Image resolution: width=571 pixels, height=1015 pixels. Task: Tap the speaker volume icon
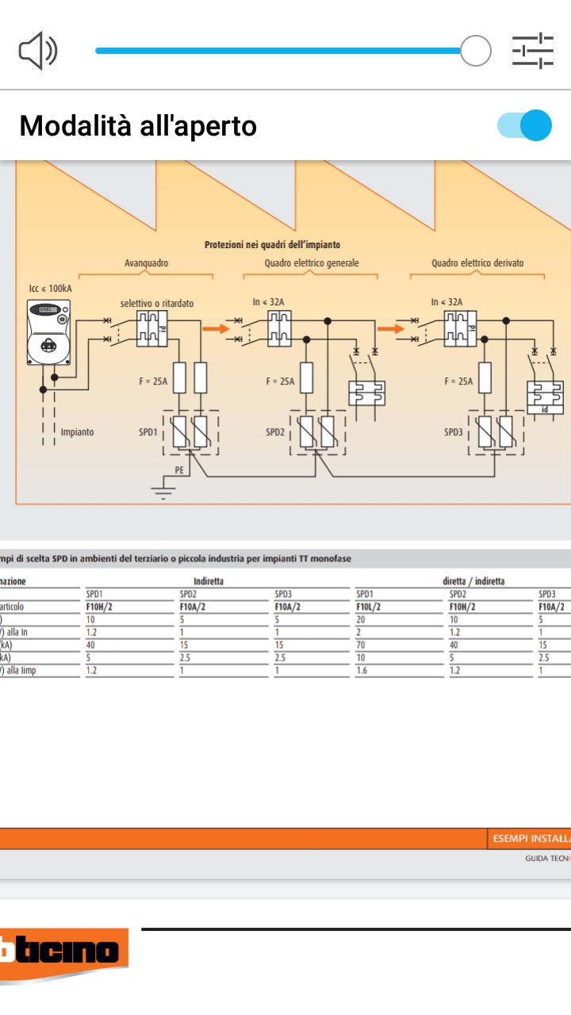coord(38,52)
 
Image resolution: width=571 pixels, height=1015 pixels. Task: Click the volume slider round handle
coord(476,51)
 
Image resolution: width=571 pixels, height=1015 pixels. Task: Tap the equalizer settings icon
coord(533,52)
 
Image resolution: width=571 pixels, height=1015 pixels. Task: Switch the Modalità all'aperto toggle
coord(524,125)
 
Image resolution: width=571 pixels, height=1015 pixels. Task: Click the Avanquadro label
coord(146,263)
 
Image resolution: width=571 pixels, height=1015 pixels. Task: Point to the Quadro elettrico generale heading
coord(312,263)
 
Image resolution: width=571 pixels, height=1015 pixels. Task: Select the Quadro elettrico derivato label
coord(477,263)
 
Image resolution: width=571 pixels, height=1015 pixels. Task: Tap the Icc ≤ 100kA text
coord(50,288)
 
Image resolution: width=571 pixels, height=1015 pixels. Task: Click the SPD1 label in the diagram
coord(148,432)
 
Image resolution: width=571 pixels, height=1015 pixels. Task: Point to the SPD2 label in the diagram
coord(275,432)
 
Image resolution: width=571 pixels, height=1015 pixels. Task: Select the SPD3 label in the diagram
coord(454,432)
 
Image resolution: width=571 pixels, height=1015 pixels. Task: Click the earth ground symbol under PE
coord(163,492)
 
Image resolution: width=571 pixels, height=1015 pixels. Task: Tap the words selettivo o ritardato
coord(157,303)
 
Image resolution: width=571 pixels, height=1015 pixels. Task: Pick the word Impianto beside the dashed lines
coord(77,432)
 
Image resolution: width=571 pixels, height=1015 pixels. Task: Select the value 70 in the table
coord(361,645)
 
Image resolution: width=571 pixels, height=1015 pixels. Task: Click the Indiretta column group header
coord(209,581)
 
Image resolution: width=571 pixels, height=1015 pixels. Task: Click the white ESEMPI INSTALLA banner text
coord(530,838)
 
